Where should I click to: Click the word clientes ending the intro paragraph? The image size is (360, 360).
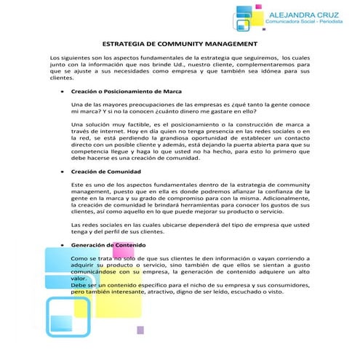(62, 76)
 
